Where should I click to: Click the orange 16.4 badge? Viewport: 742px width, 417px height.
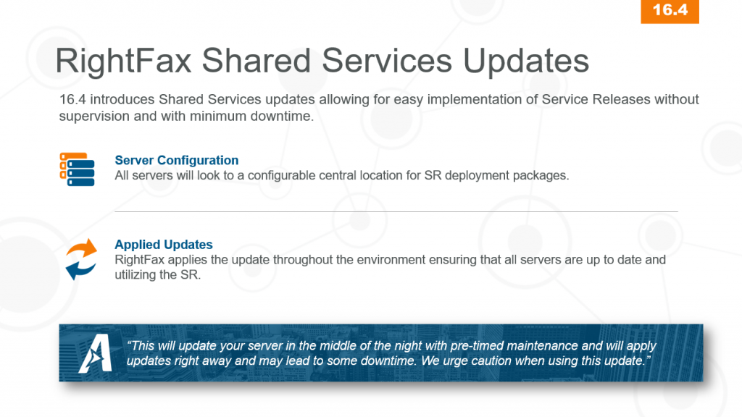pos(670,11)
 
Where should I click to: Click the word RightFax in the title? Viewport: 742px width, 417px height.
pos(122,60)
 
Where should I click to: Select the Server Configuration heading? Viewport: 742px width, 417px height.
pos(176,161)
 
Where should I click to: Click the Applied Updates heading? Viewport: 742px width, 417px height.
pos(164,245)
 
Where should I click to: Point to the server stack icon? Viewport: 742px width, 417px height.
pos(77,169)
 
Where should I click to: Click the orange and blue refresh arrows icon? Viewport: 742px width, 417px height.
pos(81,258)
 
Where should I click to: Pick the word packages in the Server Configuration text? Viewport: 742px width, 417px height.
pos(545,175)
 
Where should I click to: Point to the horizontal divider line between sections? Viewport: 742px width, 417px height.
pos(396,212)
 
